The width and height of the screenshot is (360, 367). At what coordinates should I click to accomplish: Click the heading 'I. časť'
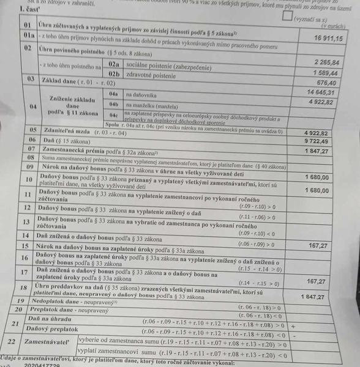pos(31,10)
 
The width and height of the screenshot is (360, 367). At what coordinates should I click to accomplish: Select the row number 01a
pos(29,36)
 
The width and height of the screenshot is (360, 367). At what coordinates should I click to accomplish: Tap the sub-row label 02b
pos(113,73)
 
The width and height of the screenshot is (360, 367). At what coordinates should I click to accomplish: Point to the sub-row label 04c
pos(113,115)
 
